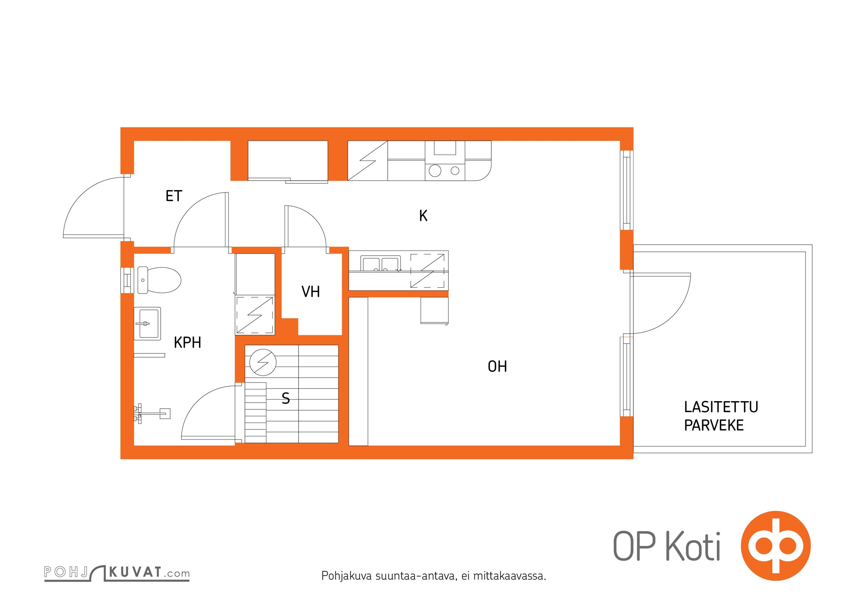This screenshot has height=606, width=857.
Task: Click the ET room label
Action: coord(174,196)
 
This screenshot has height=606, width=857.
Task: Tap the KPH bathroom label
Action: coord(187,343)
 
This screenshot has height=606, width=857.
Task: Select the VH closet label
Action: coord(311,292)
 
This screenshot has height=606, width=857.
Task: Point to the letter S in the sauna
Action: coord(286,398)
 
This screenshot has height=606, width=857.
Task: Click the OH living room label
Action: coord(497,367)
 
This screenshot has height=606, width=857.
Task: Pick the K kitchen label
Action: coord(423,216)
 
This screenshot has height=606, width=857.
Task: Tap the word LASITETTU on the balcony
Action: coord(721,407)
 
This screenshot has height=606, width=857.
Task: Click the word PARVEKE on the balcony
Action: coord(714,426)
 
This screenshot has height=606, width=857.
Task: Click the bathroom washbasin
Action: coord(147,323)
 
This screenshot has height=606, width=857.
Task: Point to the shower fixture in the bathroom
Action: coord(152,413)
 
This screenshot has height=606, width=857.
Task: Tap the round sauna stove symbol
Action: coord(263,362)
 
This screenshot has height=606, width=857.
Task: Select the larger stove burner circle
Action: coord(435,171)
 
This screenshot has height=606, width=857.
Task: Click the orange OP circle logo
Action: coord(776,546)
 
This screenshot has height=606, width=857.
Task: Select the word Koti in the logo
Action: coord(693,547)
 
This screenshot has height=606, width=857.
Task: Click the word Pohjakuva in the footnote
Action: coord(346,576)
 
